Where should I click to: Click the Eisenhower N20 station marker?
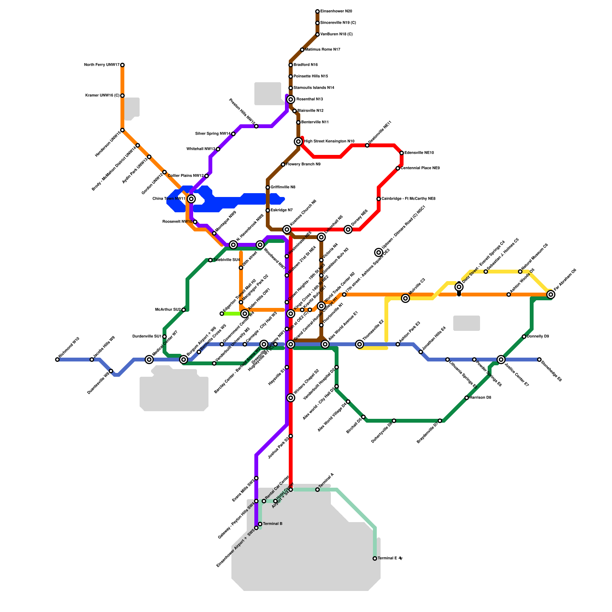[317, 11]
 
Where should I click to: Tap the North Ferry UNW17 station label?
[102, 65]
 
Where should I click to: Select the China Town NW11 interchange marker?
[191, 199]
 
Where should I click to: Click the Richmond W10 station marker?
[57, 360]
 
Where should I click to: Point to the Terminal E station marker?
[375, 558]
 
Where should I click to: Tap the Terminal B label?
[273, 524]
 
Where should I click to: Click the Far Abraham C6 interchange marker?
[551, 295]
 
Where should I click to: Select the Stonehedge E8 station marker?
[539, 360]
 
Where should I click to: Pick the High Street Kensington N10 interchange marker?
[298, 142]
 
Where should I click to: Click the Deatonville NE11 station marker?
[367, 145]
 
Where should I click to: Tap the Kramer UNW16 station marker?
[122, 96]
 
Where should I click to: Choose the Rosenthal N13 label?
[310, 99]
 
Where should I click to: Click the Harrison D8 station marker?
[467, 398]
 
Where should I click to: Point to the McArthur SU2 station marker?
[184, 310]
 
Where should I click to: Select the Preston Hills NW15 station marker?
[256, 126]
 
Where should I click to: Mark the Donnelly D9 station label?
[538, 337]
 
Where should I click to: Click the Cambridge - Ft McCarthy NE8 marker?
[379, 199]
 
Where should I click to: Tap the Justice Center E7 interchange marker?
[501, 360]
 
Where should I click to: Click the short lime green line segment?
[231, 314]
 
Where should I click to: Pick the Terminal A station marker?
[317, 490]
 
